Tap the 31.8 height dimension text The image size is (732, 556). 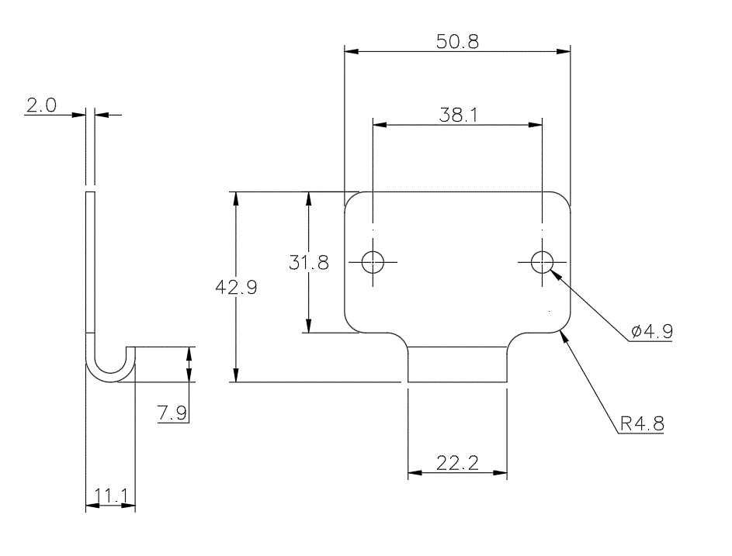[x=309, y=263]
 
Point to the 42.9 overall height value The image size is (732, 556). [x=236, y=286]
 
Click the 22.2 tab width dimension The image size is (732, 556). [x=457, y=463]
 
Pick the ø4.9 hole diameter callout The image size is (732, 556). [x=652, y=332]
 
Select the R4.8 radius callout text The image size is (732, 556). [x=642, y=424]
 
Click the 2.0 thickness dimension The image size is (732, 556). [x=41, y=106]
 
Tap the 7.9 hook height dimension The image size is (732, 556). [x=172, y=413]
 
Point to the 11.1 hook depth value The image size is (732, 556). [x=110, y=496]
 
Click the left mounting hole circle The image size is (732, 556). [x=373, y=262]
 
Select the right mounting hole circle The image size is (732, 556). [x=542, y=262]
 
